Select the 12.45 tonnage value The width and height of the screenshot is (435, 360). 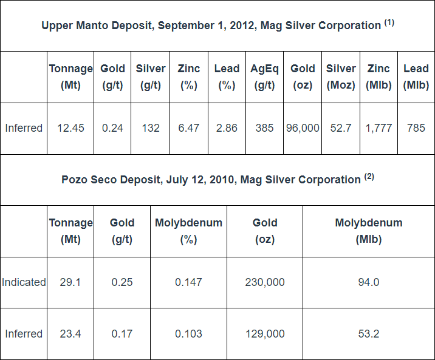[70, 128]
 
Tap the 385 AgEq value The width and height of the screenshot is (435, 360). [264, 128]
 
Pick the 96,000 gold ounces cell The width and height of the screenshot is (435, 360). [303, 128]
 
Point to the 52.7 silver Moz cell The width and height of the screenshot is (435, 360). [340, 128]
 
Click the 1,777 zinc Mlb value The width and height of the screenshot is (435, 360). [378, 128]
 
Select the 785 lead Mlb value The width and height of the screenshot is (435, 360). [416, 128]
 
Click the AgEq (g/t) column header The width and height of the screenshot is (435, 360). [264, 76]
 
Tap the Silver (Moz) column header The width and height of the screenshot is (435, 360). [340, 76]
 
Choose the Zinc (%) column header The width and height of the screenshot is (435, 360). [188, 76]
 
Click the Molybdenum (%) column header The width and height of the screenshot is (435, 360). [188, 231]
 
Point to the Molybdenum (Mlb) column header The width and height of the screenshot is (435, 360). [368, 231]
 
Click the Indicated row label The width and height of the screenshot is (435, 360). [24, 282]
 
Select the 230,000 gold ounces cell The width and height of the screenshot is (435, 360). [265, 282]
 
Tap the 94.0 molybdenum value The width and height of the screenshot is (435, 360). [368, 282]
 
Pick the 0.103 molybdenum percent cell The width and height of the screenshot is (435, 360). [188, 334]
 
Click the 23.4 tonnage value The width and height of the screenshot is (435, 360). [70, 334]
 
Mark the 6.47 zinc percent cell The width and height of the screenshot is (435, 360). [188, 128]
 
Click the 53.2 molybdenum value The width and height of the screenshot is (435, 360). [368, 334]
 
